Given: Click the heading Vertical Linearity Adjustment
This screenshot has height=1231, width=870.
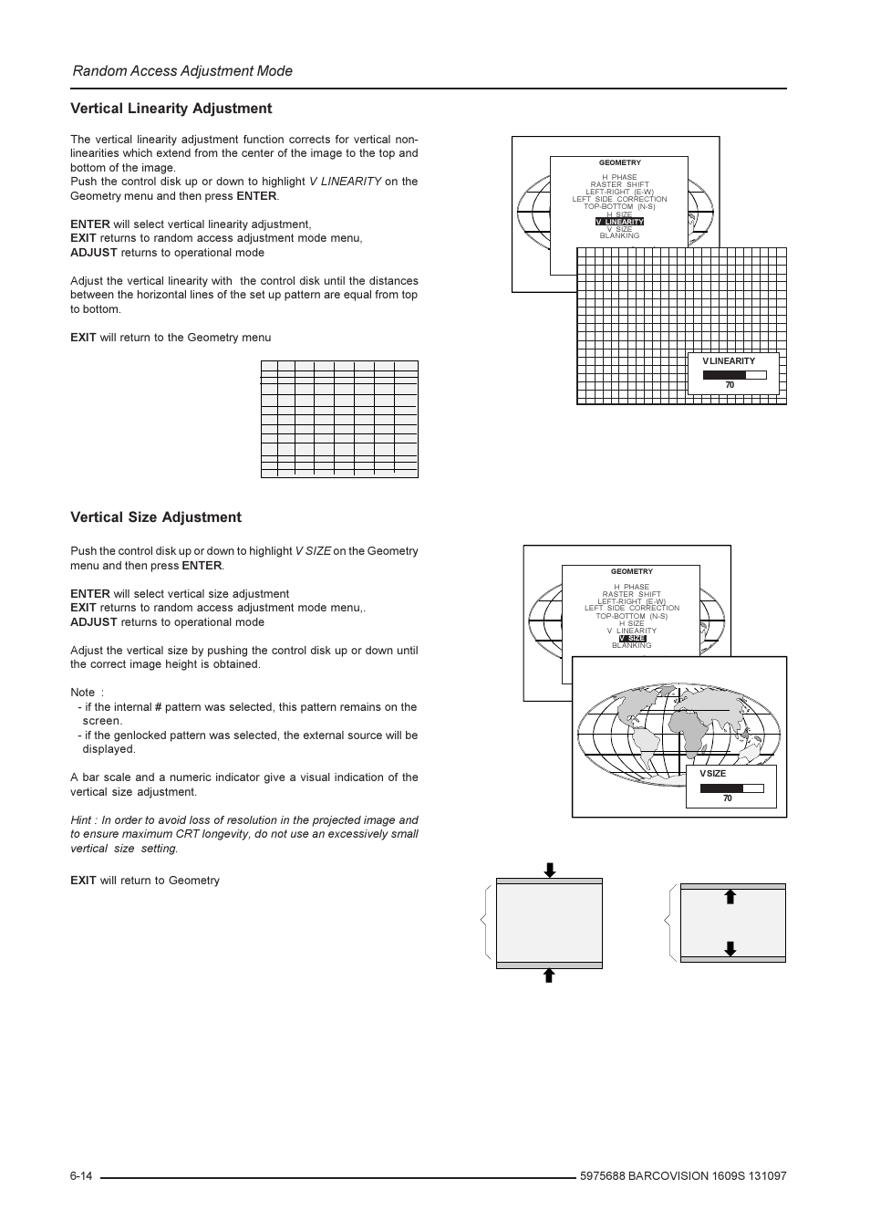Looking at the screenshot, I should click(x=171, y=109).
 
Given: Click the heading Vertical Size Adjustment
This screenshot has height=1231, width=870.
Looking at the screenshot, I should click(x=156, y=517).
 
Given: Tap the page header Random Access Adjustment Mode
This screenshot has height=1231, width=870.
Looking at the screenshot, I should click(x=182, y=71).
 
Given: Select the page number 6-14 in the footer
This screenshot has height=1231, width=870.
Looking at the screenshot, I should click(x=81, y=1176).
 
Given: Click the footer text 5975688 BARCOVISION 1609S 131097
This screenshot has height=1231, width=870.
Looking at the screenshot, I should click(x=682, y=1176).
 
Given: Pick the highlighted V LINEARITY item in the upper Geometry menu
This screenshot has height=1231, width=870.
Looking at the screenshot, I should click(x=619, y=222).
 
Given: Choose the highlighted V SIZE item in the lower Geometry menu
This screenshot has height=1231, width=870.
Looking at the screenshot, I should click(x=632, y=638).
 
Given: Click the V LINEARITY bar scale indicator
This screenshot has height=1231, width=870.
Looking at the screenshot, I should click(x=734, y=374).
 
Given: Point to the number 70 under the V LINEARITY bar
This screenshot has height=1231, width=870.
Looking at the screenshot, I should click(x=730, y=385).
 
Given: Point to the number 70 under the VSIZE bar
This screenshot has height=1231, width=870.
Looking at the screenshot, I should click(x=728, y=799).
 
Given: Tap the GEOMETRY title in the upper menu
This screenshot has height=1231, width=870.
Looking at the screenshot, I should click(x=619, y=163).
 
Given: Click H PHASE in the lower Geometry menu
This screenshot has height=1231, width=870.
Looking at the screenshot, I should click(x=631, y=587).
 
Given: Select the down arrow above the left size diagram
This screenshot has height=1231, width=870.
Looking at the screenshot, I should click(x=549, y=870).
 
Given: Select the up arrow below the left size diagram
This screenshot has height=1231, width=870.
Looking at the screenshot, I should click(x=549, y=975).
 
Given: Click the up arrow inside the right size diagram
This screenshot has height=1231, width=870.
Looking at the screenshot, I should click(x=730, y=897).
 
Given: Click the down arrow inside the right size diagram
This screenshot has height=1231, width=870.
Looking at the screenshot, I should click(x=730, y=948).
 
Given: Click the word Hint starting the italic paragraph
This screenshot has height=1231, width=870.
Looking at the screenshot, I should click(x=82, y=820).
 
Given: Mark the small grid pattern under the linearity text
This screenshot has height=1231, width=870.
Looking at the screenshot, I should click(x=339, y=419).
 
